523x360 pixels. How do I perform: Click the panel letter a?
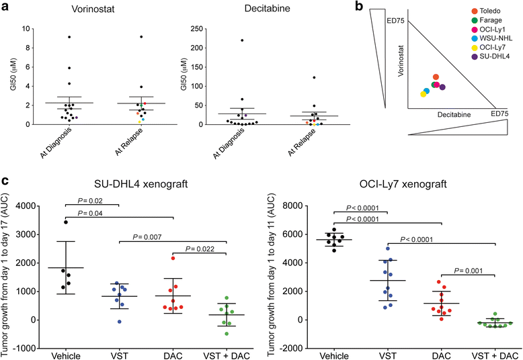click(x=6, y=9)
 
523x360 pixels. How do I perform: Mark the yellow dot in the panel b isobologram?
click(x=423, y=94)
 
